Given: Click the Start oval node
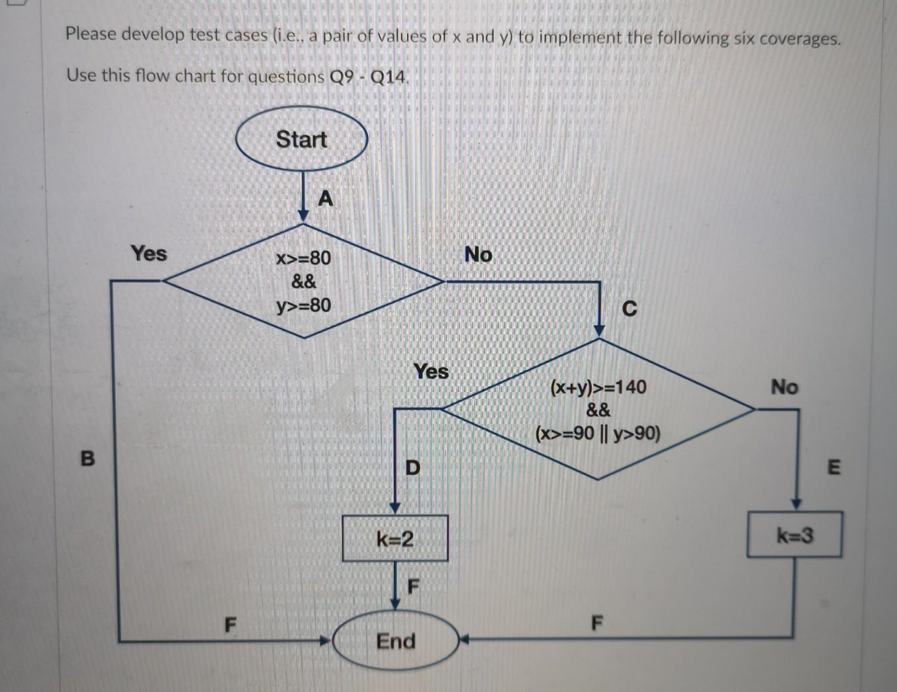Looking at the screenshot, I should point(301,140).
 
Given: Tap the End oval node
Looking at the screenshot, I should point(395,641).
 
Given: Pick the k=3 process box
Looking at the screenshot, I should point(794,534).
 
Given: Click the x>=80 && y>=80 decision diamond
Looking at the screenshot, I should point(303,281).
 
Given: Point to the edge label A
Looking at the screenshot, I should point(325,198).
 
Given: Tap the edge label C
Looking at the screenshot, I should point(630,309).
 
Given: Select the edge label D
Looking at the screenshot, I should point(412,468).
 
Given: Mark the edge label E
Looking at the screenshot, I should point(834,468).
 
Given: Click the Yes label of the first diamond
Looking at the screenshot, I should point(149,253).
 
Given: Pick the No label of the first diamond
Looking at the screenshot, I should point(478,254).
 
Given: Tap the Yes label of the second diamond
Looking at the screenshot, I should point(431,371).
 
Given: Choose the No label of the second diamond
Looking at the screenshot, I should point(784,386).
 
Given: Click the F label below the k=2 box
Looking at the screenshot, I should point(413,586).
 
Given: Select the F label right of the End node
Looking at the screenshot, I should point(597,623).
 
